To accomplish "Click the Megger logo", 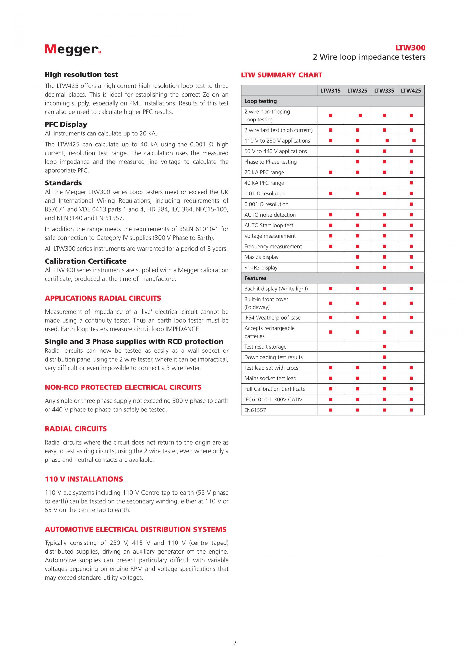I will point(73,49).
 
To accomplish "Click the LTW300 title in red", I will point(410,48).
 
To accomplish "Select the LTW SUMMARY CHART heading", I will point(281,75).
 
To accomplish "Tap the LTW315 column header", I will point(330,91).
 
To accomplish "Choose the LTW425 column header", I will point(411,91).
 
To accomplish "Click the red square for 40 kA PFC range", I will point(411,183).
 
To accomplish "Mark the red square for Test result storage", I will point(384,347).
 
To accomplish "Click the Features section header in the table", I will point(255,278).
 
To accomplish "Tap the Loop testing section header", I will point(260,101).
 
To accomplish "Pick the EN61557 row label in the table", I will point(255,410).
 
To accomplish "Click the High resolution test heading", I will point(81,75).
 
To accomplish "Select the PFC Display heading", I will point(66,124).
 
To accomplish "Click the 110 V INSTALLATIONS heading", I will point(84,479).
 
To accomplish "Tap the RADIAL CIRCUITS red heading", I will point(76,429).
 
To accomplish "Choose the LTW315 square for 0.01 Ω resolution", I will point(330,193).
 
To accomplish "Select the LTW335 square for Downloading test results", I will point(384,357).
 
